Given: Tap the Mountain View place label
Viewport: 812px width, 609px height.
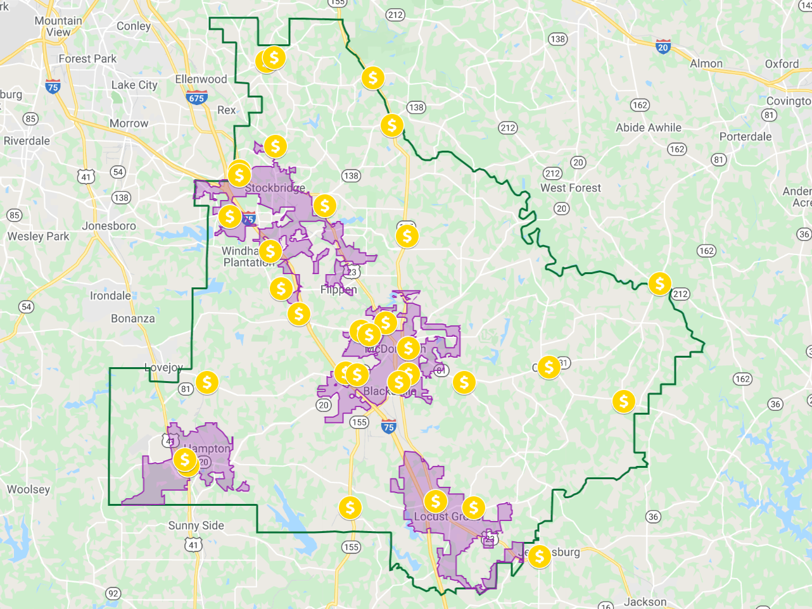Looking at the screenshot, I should click(58, 26).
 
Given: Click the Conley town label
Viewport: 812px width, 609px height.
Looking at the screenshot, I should click(134, 26).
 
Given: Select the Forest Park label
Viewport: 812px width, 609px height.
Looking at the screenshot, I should click(87, 59).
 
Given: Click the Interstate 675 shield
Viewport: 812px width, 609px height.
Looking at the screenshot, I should click(196, 97).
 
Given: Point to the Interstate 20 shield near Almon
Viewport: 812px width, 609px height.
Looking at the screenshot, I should click(663, 47).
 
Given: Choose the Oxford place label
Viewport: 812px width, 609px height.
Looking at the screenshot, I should click(782, 64).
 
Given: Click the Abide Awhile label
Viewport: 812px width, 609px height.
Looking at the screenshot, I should click(649, 128).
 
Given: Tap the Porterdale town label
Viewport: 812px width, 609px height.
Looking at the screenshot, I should click(745, 137).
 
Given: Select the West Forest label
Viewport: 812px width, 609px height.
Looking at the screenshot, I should click(571, 188).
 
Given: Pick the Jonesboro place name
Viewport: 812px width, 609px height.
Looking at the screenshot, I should click(109, 226).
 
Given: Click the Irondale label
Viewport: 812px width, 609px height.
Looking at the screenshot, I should click(110, 296).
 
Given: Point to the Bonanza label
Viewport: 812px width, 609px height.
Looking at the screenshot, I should click(133, 318).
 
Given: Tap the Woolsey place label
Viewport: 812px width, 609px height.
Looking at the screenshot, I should click(29, 489).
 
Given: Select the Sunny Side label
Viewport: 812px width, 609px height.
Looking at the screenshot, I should click(196, 525).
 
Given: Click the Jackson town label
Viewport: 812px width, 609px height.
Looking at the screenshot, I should click(645, 602).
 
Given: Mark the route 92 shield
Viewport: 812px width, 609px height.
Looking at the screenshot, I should click(113, 593).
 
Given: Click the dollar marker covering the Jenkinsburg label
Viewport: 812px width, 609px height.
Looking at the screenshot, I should click(539, 556).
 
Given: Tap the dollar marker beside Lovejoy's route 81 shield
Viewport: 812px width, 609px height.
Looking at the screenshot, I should click(206, 382).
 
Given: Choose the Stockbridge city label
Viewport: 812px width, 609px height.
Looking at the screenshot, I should click(275, 188).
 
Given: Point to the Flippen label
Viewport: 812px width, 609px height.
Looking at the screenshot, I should click(338, 290).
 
